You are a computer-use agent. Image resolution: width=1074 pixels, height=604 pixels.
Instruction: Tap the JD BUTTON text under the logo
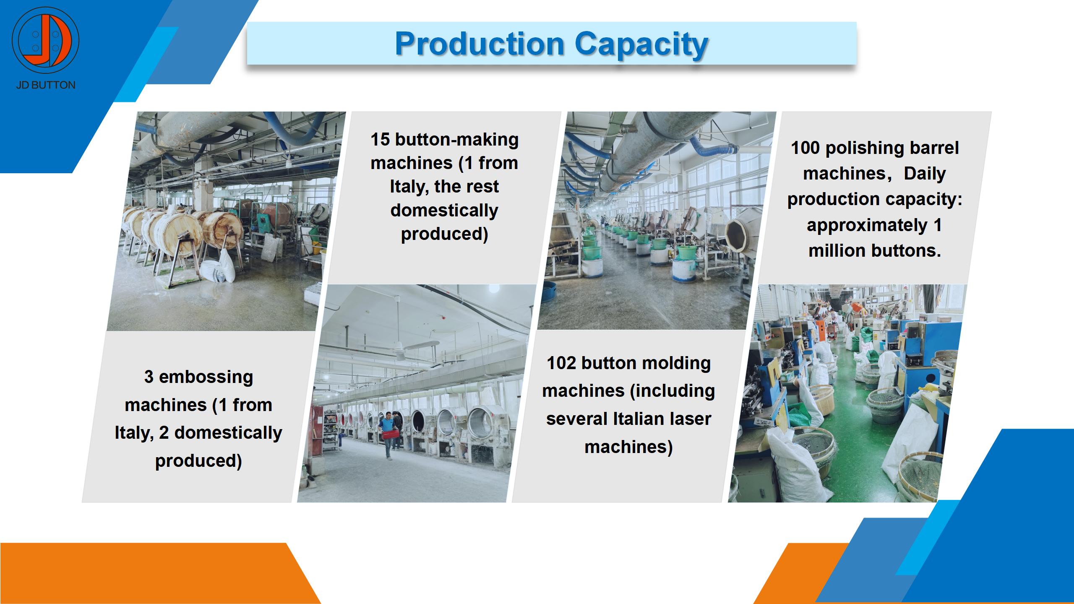click(x=46, y=85)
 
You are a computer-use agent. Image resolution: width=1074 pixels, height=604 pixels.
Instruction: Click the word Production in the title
click(x=480, y=44)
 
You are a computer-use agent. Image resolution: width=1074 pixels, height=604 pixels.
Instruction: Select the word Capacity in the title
click(x=641, y=44)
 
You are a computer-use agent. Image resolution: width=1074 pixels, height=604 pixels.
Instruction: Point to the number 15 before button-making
click(x=380, y=140)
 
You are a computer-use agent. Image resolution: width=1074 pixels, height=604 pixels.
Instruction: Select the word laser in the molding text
click(x=688, y=419)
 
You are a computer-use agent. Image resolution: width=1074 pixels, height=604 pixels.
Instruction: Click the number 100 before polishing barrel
click(x=805, y=148)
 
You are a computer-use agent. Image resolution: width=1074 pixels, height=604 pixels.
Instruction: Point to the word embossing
click(x=206, y=377)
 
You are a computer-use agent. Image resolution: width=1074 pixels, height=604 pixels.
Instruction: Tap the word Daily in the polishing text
click(x=925, y=174)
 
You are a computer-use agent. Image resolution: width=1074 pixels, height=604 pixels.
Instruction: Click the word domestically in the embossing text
click(x=228, y=433)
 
